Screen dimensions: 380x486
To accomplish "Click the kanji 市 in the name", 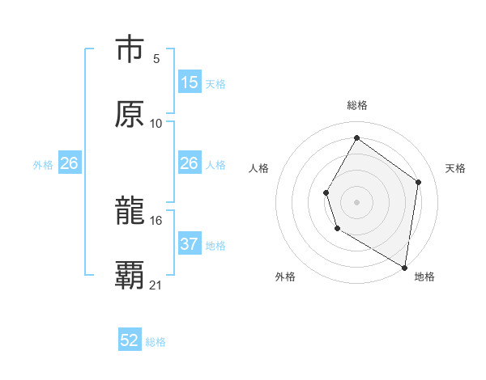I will click(x=130, y=49).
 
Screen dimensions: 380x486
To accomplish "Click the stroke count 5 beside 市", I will click(x=156, y=58).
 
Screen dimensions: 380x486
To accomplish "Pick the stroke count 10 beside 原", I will click(x=156, y=123).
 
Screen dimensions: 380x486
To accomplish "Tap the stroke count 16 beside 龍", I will click(x=156, y=220).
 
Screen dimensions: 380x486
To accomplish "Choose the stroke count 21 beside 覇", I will click(x=156, y=285).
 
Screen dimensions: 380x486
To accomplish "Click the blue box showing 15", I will click(x=190, y=82).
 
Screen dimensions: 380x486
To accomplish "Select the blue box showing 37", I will click(x=190, y=244).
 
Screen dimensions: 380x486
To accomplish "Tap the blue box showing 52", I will click(x=130, y=340).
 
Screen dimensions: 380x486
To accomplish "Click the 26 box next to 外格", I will click(x=69, y=163).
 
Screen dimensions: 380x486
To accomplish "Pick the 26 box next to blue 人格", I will click(x=190, y=163).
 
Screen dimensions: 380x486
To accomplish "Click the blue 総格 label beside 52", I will click(x=156, y=342).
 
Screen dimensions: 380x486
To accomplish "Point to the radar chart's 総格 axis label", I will click(x=357, y=105).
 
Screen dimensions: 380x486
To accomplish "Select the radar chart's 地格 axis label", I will click(x=424, y=277).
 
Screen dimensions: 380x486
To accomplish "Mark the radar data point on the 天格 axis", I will click(x=419, y=182).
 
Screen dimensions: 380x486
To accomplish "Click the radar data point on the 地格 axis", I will click(x=404, y=267).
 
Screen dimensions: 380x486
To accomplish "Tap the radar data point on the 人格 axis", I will click(x=326, y=192).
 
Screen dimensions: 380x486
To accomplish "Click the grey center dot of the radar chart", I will click(x=356, y=201).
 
